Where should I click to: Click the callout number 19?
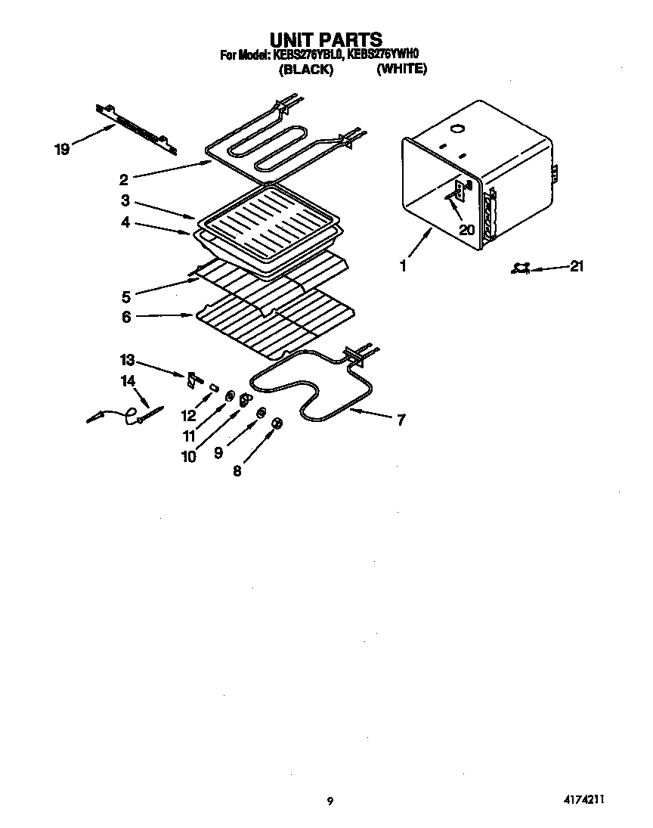62,150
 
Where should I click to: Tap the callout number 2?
124,179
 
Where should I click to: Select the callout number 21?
577,266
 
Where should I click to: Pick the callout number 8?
237,470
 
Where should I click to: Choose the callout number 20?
466,230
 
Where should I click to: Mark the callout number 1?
404,266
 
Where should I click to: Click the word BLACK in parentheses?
306,69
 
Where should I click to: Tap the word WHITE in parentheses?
402,69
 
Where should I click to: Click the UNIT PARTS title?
326,39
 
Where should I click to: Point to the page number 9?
330,802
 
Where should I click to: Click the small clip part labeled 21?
521,268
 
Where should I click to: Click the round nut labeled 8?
277,424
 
